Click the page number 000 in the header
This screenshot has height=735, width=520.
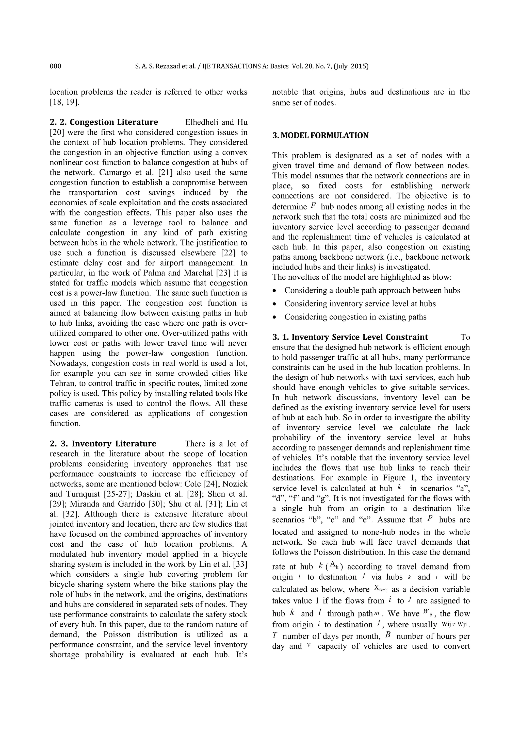click(x=55, y=66)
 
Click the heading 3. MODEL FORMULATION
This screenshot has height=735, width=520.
click(x=320, y=136)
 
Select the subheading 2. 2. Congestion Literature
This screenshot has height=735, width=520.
click(x=104, y=122)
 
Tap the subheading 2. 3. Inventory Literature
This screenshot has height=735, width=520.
click(x=103, y=444)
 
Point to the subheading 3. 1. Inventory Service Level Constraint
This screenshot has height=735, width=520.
click(x=350, y=337)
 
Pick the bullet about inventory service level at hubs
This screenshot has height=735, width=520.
click(x=360, y=304)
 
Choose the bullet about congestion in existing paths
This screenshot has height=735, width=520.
click(x=355, y=317)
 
